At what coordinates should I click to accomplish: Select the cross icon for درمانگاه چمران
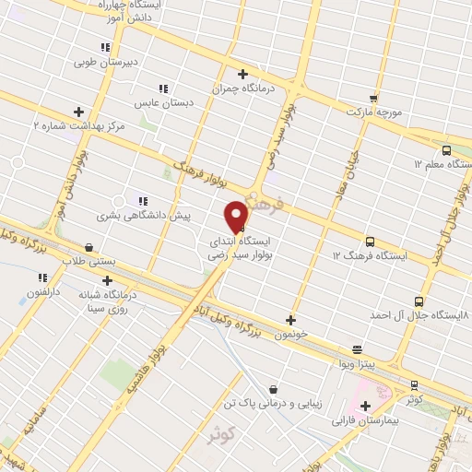[x=242, y=75]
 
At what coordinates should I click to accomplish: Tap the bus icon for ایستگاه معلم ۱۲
[x=446, y=150]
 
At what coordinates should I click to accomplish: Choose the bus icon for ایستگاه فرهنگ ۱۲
[x=370, y=242]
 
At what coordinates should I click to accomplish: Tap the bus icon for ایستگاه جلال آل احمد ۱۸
[x=419, y=301]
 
